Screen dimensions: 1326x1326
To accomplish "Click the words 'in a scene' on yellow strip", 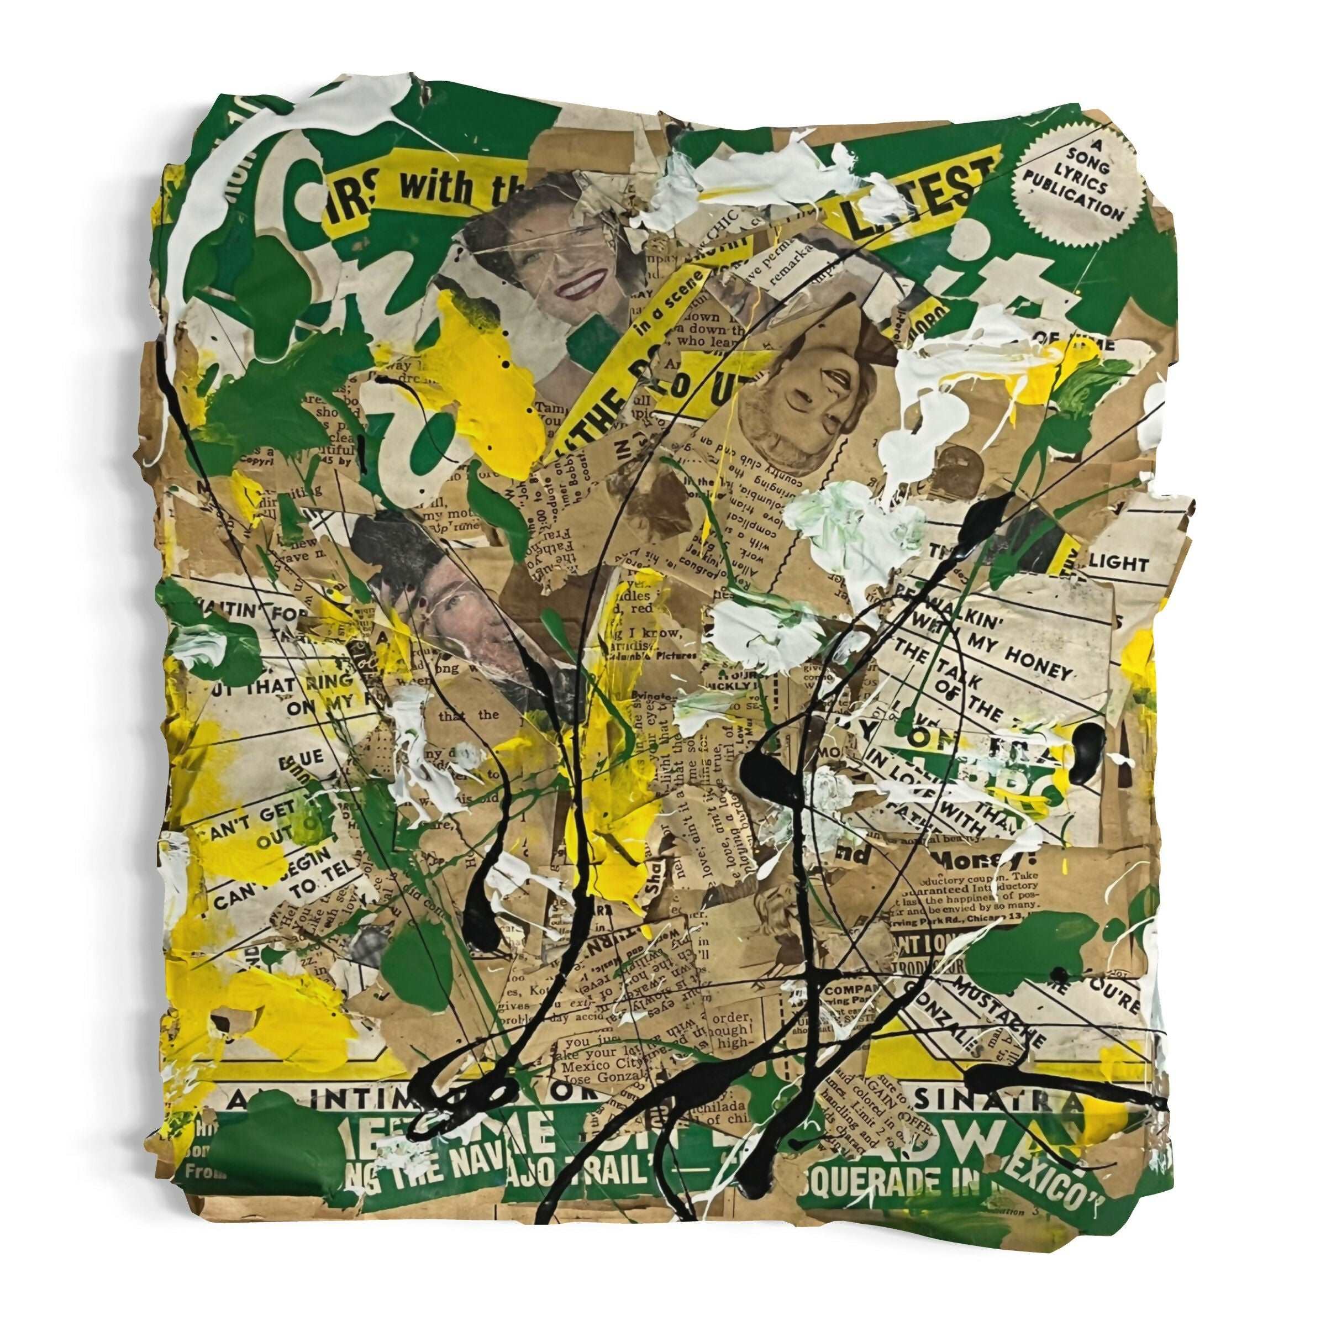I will (666, 306).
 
